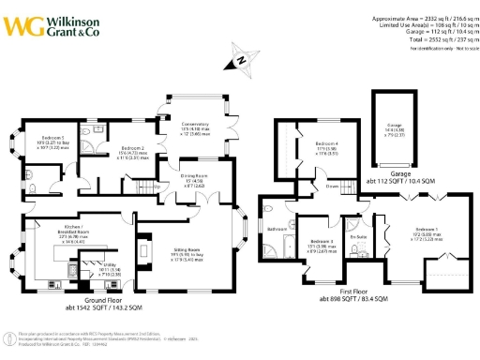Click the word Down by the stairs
[332, 187]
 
